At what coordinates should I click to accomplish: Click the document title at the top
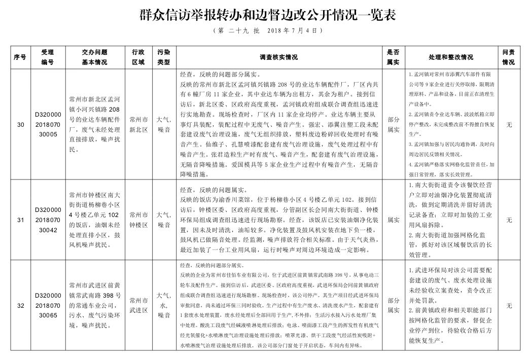point(267,15)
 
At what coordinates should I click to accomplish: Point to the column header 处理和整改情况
point(447,57)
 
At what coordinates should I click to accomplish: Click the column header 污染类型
point(164,57)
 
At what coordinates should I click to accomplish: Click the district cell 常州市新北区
point(138,124)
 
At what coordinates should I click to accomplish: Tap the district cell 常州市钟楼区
point(138,220)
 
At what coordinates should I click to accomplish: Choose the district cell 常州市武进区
point(138,306)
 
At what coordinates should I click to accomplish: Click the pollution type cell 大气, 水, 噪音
point(164,306)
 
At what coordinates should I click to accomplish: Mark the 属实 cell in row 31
point(393,220)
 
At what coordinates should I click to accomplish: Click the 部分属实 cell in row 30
point(393,124)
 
